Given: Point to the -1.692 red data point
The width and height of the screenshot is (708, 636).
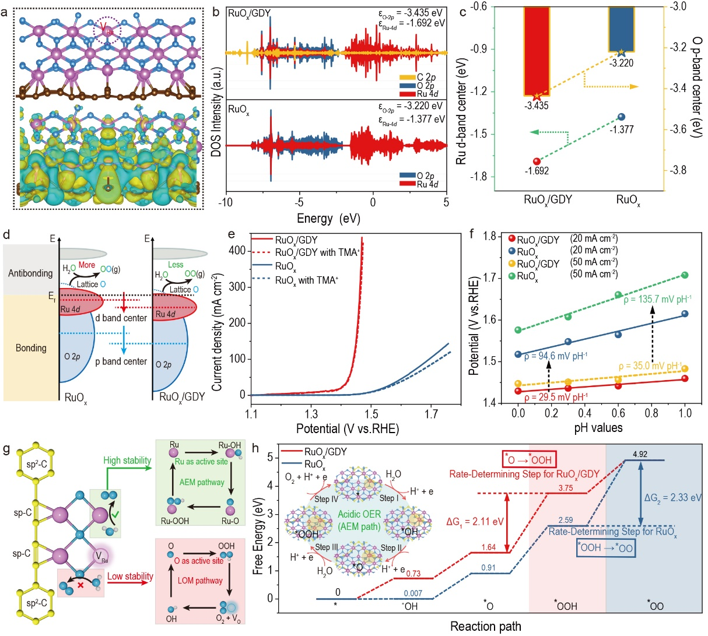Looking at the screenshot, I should point(537,161).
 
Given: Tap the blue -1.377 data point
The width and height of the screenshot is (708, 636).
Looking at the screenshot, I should point(621,117).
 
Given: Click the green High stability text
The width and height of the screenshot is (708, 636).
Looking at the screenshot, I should point(127,461).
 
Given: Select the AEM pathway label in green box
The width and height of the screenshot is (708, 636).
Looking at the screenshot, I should point(202,482).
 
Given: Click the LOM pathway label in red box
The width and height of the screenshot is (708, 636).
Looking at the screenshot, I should point(201,580).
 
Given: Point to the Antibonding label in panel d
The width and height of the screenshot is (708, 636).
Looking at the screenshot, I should point(30,273).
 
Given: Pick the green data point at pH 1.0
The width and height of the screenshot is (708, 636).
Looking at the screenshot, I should point(685,275).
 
